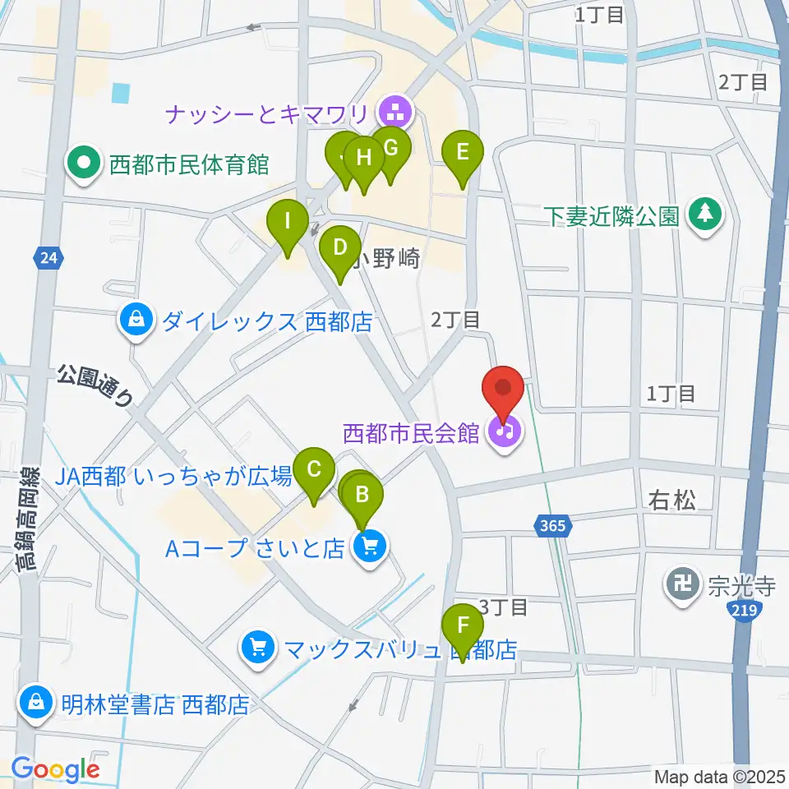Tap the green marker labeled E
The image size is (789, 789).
pyautogui.click(x=462, y=154)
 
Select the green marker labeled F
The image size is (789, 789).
pyautogui.click(x=463, y=626)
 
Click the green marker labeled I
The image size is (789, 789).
pyautogui.click(x=287, y=223)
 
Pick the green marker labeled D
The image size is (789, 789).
pyautogui.click(x=339, y=248)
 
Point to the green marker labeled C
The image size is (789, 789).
pyautogui.click(x=314, y=472)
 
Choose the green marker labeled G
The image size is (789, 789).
pyautogui.click(x=390, y=150)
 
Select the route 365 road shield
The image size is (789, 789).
pyautogui.click(x=553, y=524)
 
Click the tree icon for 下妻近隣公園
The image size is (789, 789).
pyautogui.click(x=704, y=216)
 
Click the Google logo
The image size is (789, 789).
pyautogui.click(x=54, y=769)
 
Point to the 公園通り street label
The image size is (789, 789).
pyautogui.click(x=95, y=386)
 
